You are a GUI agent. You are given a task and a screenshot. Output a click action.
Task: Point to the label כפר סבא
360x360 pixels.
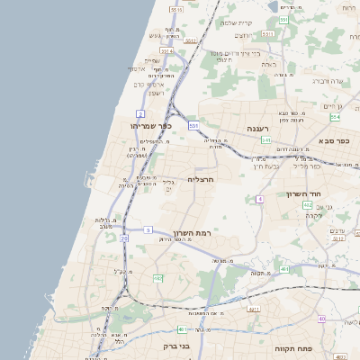click(x=334, y=141)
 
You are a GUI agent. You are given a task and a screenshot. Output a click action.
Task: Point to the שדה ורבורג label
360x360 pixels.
click(x=328, y=81)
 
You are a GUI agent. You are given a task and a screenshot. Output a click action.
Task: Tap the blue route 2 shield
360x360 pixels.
click(x=140, y=112)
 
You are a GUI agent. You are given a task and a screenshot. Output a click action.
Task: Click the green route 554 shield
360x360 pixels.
click(x=335, y=117)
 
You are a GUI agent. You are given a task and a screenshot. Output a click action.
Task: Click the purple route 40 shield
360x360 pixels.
click(x=321, y=319)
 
